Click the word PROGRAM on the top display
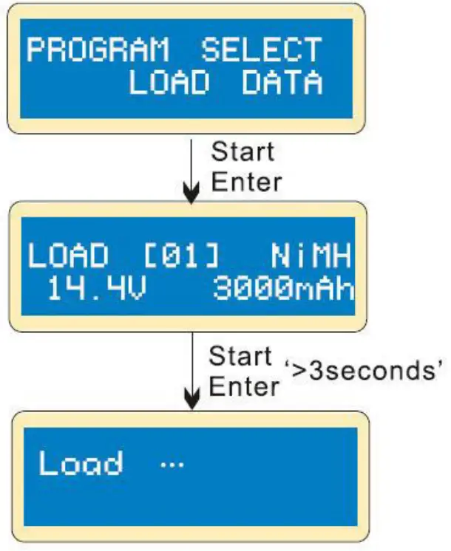(98, 51)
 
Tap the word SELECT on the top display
(262, 51)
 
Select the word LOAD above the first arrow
(169, 83)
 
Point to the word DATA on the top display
(282, 83)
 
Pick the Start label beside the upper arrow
(243, 153)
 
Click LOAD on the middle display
(69, 257)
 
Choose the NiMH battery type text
(309, 257)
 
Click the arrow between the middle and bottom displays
(192, 373)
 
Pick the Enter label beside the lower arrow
(244, 385)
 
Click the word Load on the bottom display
(81, 464)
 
